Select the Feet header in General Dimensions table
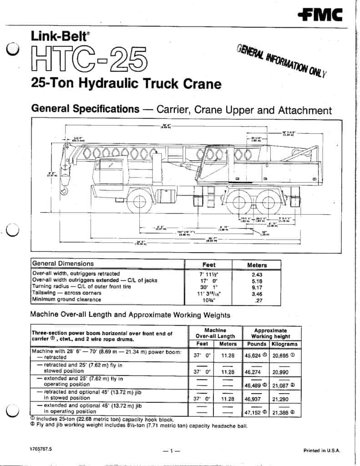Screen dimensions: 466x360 [x=209, y=264]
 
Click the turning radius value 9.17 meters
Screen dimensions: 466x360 [x=257, y=287]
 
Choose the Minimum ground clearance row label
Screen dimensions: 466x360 [x=66, y=299]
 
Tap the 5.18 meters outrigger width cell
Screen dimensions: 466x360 [x=257, y=281]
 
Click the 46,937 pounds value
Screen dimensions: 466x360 [x=255, y=398]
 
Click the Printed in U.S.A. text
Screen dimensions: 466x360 [x=322, y=451]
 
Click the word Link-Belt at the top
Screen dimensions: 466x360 [x=54, y=35]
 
